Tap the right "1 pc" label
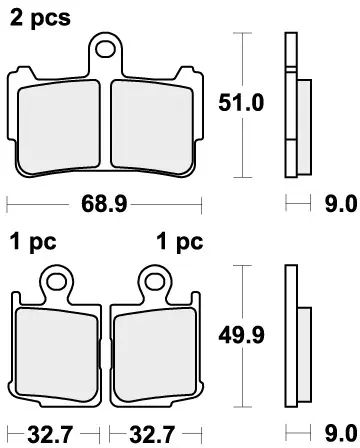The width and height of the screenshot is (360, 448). click(x=179, y=241)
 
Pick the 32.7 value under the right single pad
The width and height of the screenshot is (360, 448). click(x=153, y=436)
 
